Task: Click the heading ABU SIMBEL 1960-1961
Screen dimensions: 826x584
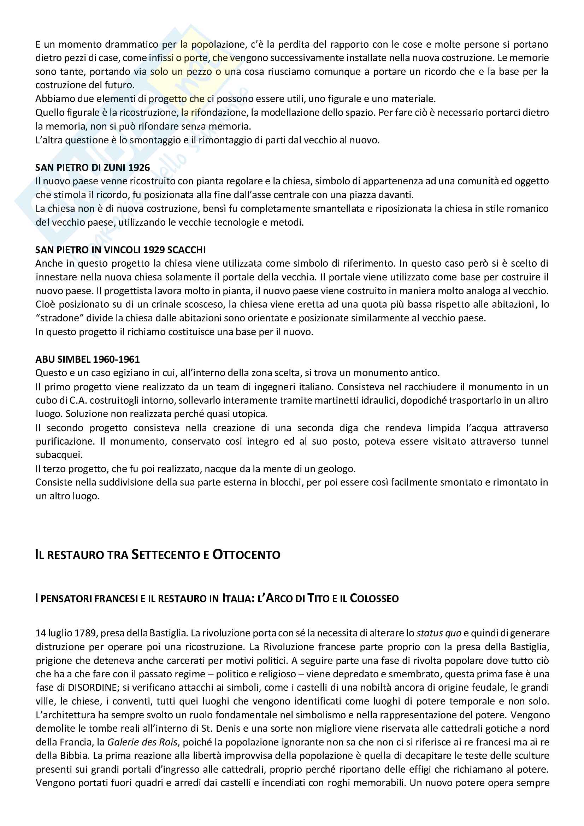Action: pyautogui.click(x=87, y=359)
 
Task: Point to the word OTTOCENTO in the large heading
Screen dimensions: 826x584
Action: pyautogui.click(x=247, y=554)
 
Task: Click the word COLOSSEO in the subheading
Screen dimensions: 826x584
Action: pyautogui.click(x=374, y=598)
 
